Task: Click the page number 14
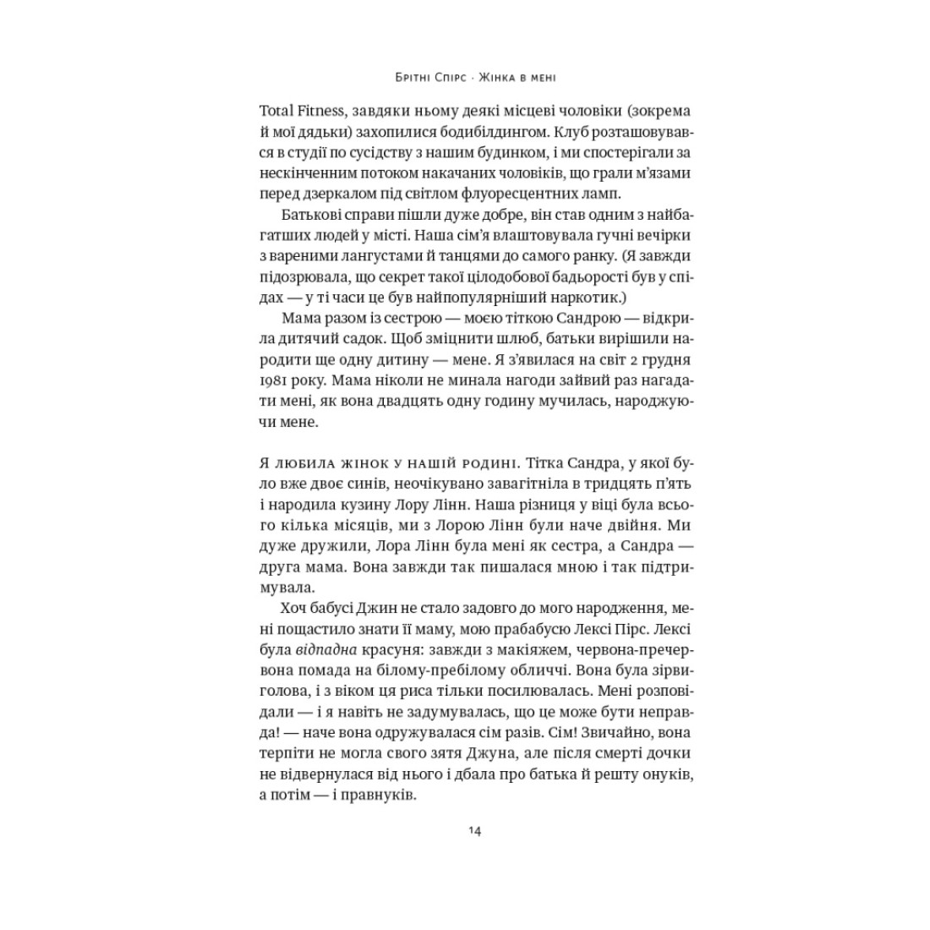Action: point(473,830)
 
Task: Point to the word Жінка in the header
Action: point(498,77)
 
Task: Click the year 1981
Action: point(271,380)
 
